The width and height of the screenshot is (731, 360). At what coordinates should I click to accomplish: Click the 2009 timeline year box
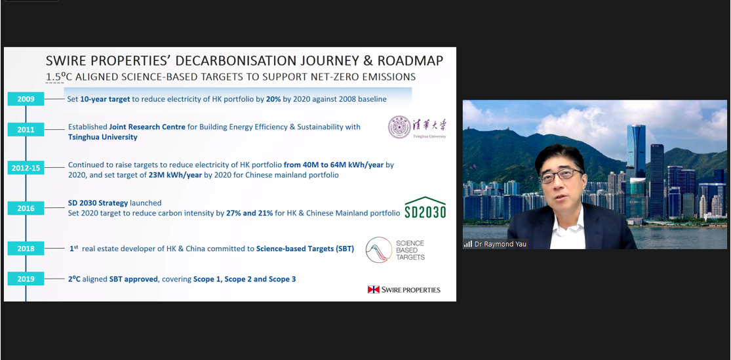[x=26, y=99]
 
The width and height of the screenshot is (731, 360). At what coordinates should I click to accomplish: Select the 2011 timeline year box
[x=26, y=130]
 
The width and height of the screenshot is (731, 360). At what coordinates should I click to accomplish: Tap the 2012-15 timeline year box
[x=26, y=169]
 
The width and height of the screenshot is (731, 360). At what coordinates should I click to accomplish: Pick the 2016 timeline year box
[x=26, y=209]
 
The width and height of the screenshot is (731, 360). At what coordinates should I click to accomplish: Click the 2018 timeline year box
[x=26, y=249]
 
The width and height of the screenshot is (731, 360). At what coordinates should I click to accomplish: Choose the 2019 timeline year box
[x=26, y=279]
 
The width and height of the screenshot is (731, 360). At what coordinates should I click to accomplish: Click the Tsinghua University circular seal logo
[x=399, y=127]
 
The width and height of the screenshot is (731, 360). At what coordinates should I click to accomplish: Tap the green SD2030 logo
[x=425, y=207]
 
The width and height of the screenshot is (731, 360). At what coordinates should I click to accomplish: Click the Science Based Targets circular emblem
[x=378, y=249]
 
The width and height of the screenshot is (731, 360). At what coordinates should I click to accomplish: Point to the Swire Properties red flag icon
[x=374, y=290]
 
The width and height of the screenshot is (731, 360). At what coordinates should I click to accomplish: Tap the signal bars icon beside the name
[x=467, y=244]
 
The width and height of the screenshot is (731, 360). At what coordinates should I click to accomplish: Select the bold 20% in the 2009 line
[x=273, y=99]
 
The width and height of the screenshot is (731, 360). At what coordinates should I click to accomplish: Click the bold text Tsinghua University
[x=102, y=137]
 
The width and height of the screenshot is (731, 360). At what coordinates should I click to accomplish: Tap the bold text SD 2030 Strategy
[x=98, y=203]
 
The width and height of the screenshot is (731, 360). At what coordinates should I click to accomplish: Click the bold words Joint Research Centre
[x=148, y=127]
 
